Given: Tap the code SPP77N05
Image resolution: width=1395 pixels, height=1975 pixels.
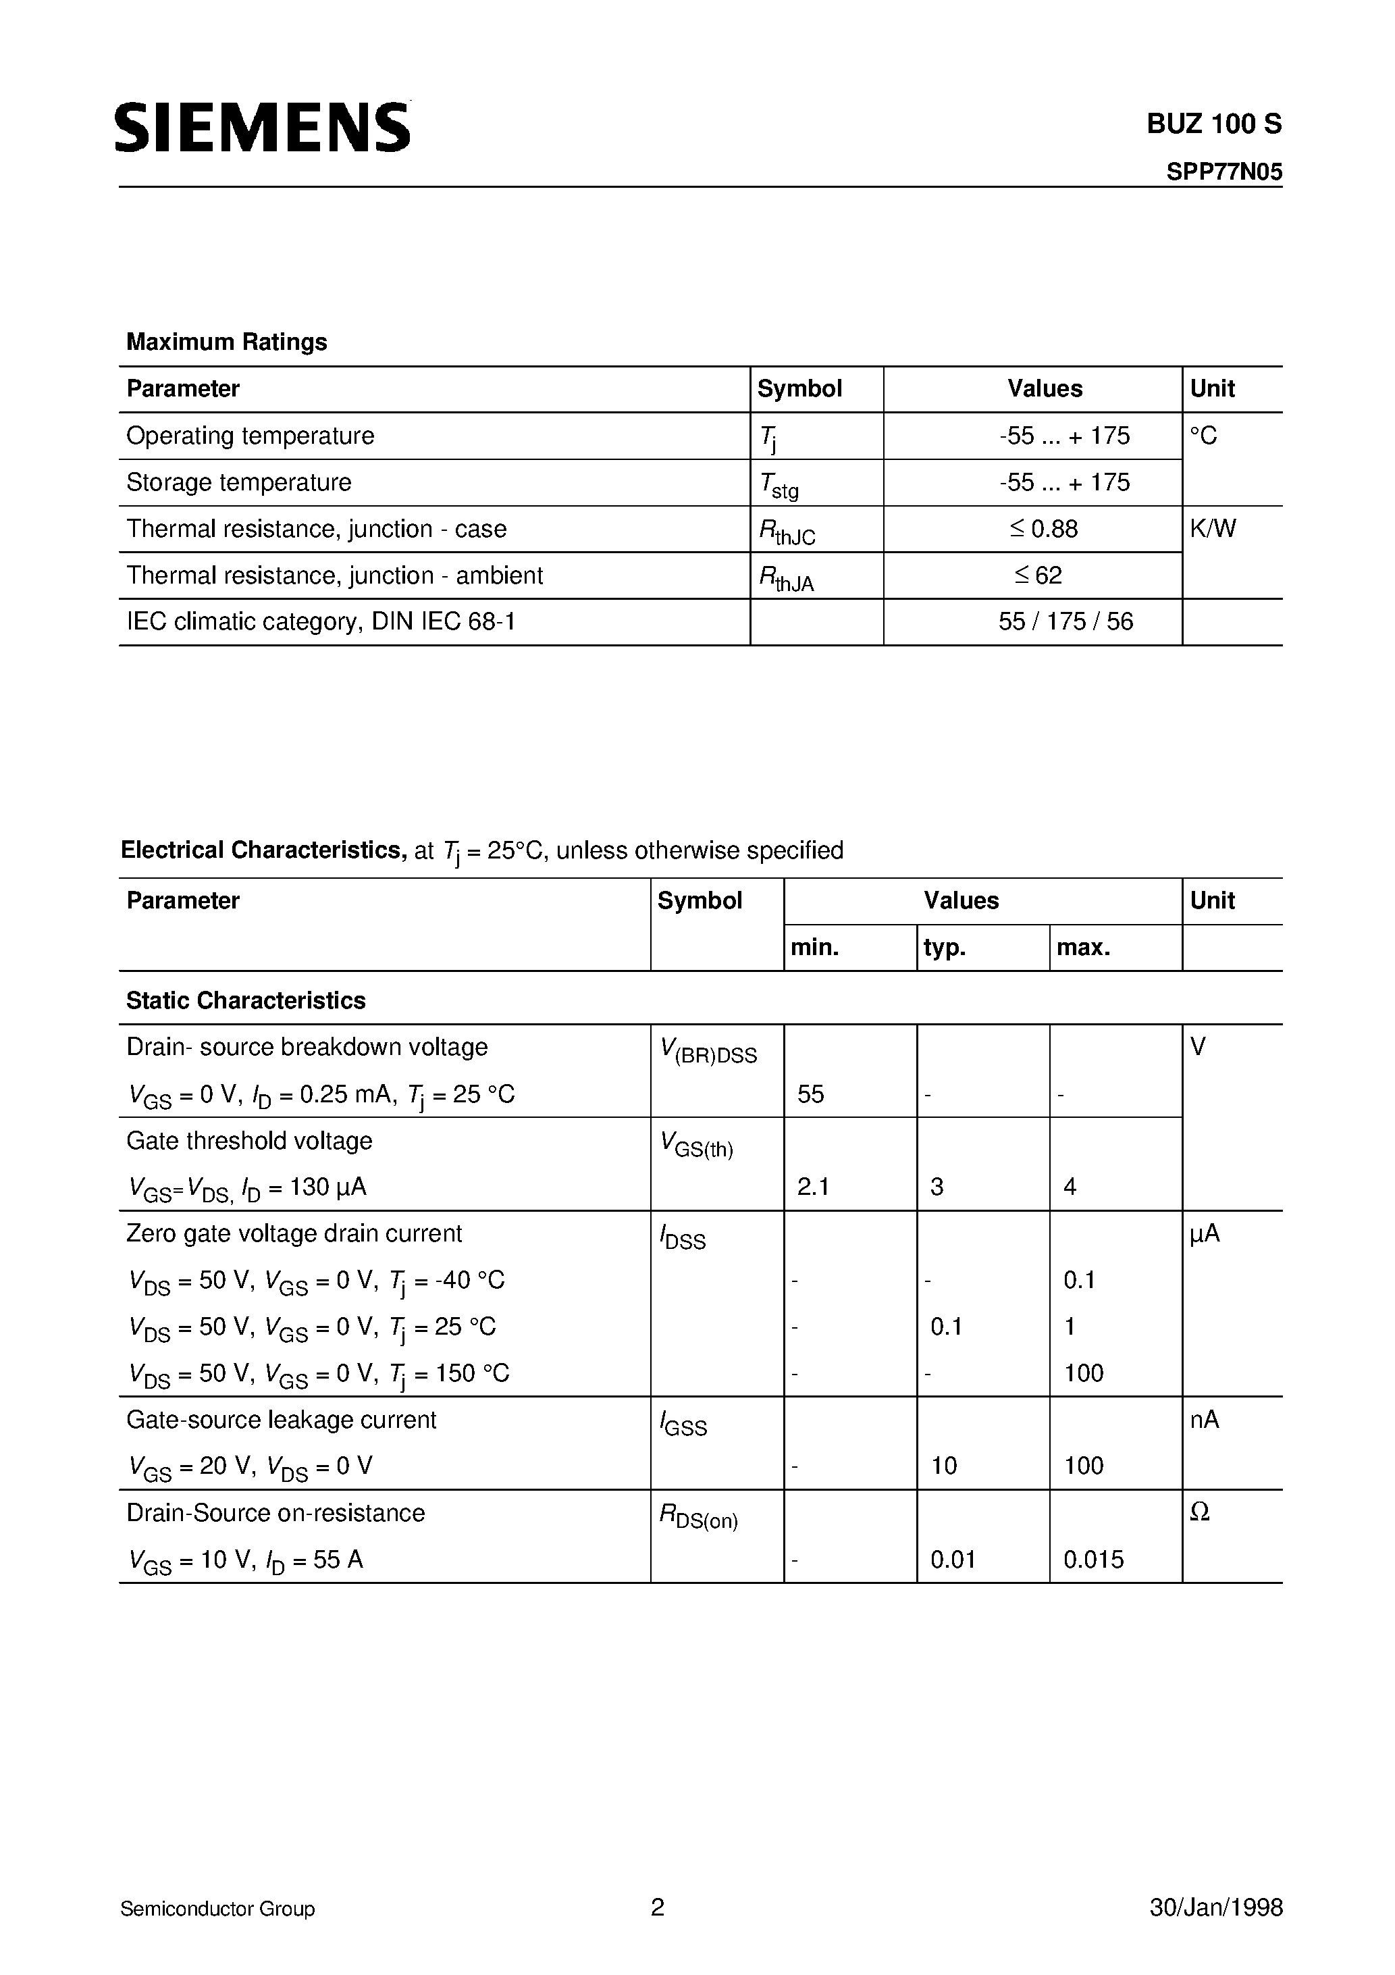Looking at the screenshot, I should tap(1224, 173).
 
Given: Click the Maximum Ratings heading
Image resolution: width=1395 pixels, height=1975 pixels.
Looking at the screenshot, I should tap(226, 342).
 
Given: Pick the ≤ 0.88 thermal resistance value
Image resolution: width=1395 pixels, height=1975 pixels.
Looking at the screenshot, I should tap(1043, 529).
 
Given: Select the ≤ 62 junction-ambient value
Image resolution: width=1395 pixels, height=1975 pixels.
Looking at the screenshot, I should tap(1038, 575).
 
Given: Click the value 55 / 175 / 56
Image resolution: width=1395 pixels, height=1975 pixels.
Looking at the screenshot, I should tap(1065, 622).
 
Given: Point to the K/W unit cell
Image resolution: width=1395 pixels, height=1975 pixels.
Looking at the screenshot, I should tap(1213, 529).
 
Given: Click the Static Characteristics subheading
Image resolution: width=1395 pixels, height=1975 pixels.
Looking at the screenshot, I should tap(246, 1000).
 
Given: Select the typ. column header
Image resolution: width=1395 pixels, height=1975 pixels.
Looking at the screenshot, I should tap(945, 948).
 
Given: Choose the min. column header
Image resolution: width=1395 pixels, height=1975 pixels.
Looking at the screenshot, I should tap(814, 948).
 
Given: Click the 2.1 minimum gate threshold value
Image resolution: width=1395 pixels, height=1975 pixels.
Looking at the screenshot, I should tap(813, 1187).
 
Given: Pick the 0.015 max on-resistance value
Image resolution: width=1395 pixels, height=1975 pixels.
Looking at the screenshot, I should tap(1093, 1560).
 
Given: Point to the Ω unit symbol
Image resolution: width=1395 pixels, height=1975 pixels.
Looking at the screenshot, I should tap(1200, 1513).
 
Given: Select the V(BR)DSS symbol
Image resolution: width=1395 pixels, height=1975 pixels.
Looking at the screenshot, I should tap(708, 1050).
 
